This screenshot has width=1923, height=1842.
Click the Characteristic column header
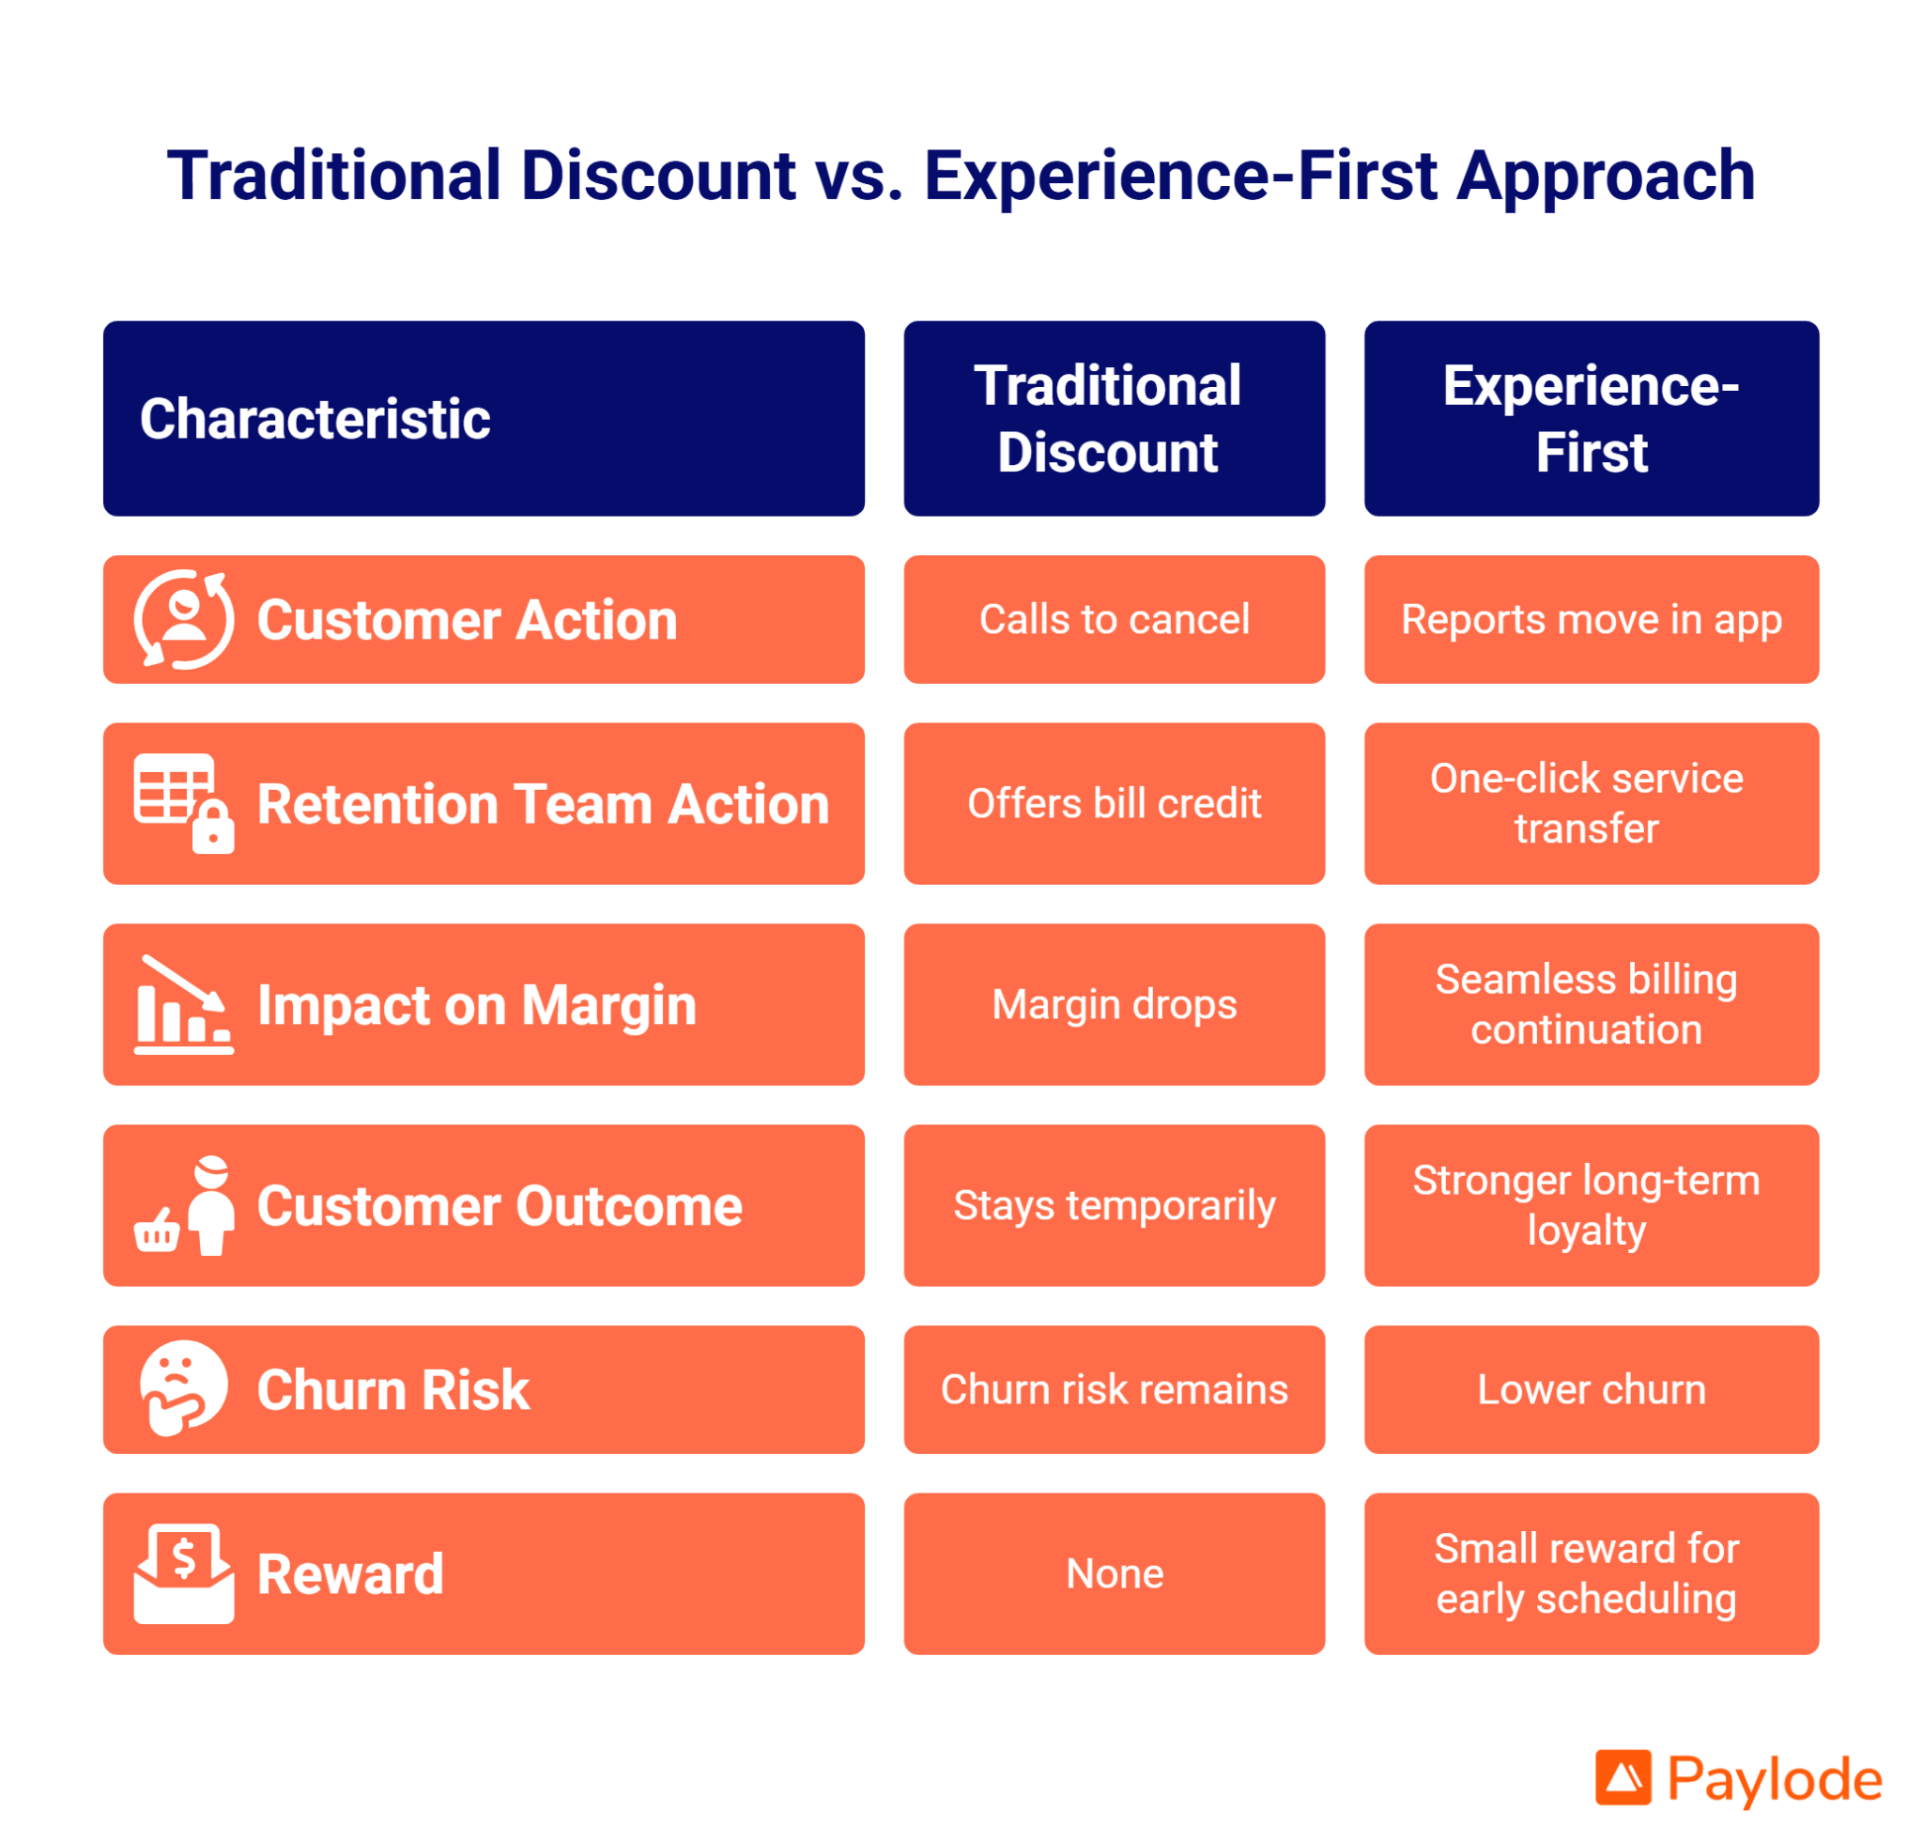point(484,418)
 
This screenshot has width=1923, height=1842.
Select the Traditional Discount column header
point(1114,418)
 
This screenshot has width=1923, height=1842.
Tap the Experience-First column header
point(1592,418)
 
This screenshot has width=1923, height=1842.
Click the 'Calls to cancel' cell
point(1114,619)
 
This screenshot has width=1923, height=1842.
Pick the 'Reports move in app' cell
point(1592,619)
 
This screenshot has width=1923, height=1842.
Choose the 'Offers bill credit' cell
point(1114,804)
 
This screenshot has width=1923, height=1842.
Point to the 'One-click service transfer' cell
point(1592,804)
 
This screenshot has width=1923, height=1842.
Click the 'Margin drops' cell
point(1114,1005)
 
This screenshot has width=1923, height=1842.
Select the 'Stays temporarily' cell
point(1114,1205)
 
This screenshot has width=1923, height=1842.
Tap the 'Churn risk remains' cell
point(1114,1389)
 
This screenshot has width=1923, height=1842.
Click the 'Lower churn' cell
point(1592,1389)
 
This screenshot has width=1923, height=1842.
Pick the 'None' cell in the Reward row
point(1114,1574)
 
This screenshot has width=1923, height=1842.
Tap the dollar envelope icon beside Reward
point(183,1574)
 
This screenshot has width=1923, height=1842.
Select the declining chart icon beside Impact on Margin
point(183,1005)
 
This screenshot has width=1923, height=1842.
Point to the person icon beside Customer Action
point(183,619)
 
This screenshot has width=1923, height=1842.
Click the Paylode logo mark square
point(1623,1777)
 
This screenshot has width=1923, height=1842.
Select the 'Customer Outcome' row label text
point(500,1206)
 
